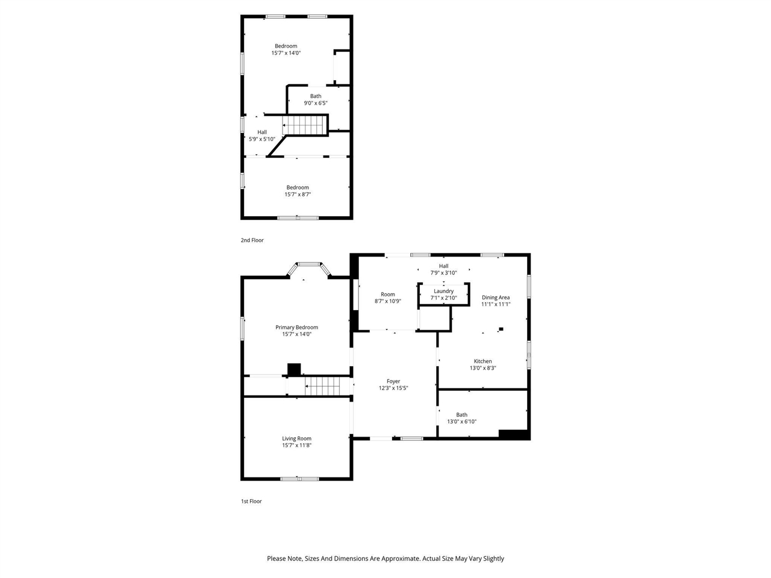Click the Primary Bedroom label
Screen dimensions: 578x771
(296, 328)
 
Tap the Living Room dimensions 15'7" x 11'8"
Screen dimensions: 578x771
(296, 446)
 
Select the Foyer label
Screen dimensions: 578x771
(393, 381)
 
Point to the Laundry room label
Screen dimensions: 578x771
(443, 291)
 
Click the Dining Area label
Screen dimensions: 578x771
(496, 297)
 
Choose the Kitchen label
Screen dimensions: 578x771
(482, 361)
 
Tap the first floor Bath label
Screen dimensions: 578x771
(461, 415)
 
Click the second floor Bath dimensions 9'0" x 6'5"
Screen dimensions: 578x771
(316, 103)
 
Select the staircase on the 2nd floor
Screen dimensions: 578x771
(305, 126)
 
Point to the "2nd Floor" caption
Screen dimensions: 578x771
(252, 240)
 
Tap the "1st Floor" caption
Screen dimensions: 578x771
(251, 501)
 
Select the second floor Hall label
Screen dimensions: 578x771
(262, 132)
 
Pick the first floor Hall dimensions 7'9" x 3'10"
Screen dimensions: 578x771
(443, 273)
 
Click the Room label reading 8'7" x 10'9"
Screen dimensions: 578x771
(387, 294)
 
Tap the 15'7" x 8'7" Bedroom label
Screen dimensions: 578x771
(298, 187)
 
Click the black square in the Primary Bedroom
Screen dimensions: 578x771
(294, 370)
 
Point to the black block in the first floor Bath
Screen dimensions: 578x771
(513, 433)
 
